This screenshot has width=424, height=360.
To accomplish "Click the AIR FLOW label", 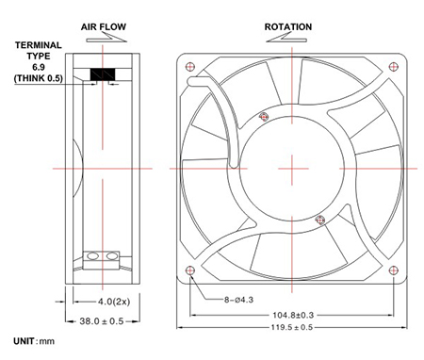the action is click(104, 26).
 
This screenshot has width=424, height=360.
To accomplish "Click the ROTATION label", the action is click(288, 26).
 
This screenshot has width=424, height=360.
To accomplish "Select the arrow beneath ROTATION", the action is click(286, 37).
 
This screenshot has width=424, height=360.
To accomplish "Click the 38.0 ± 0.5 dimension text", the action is click(102, 321).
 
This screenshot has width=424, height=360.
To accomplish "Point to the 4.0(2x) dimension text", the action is click(114, 302).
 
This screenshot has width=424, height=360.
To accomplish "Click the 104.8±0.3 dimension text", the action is click(293, 315).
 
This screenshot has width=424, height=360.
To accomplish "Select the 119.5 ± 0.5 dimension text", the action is click(292, 327).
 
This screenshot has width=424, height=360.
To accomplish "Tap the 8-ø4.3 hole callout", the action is click(238, 300).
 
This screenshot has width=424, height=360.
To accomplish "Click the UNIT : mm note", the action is click(34, 341).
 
